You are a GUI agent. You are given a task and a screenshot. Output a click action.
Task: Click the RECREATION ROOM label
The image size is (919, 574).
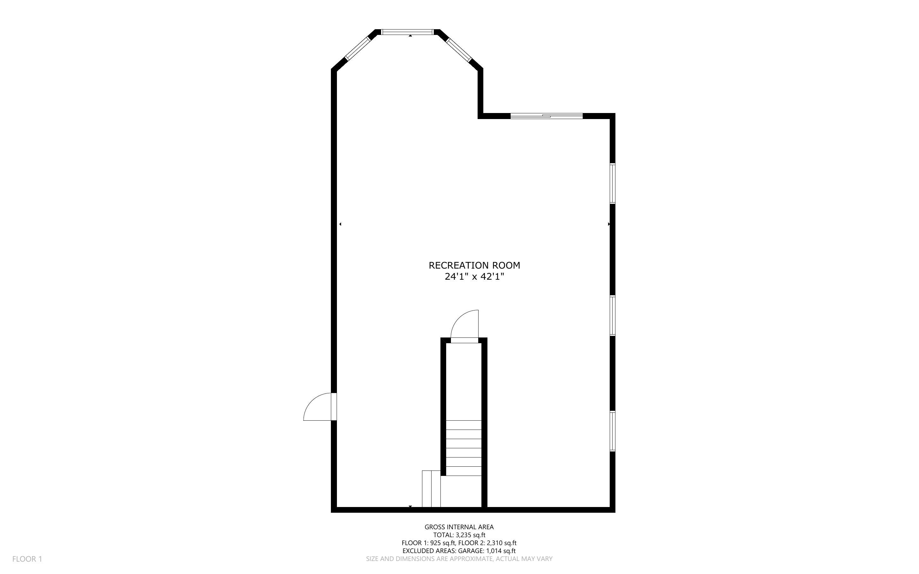(474, 265)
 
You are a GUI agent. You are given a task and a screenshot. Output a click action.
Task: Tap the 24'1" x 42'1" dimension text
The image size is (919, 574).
(474, 277)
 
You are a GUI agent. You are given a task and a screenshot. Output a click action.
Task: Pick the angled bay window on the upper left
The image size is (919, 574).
(358, 49)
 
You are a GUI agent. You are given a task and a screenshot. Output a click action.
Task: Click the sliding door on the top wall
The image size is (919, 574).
(546, 116)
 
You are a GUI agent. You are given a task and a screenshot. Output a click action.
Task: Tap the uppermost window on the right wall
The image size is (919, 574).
(612, 184)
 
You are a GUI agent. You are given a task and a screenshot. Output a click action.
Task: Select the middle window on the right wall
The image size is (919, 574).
(612, 316)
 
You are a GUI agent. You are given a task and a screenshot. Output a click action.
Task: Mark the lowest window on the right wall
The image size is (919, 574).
(612, 431)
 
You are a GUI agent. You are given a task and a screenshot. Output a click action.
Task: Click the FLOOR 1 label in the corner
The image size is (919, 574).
(27, 559)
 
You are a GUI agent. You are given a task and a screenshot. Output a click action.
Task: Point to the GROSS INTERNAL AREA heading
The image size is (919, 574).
(459, 527)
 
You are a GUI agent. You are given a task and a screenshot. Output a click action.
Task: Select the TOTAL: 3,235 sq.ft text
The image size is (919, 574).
(459, 535)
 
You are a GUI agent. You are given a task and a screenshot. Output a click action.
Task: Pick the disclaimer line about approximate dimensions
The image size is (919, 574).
(459, 559)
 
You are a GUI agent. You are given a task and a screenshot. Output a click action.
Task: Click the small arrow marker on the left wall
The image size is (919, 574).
(340, 224)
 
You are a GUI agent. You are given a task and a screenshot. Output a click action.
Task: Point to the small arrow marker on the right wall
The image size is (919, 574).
(608, 224)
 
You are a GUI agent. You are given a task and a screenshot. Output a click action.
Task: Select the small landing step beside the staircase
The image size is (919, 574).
(431, 489)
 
